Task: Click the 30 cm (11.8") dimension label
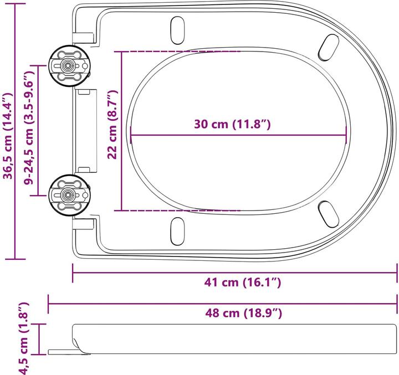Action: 232,124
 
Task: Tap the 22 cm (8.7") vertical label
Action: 112,126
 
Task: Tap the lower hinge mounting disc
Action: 68,195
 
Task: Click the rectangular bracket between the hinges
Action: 86,130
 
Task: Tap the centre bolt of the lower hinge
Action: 68,195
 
